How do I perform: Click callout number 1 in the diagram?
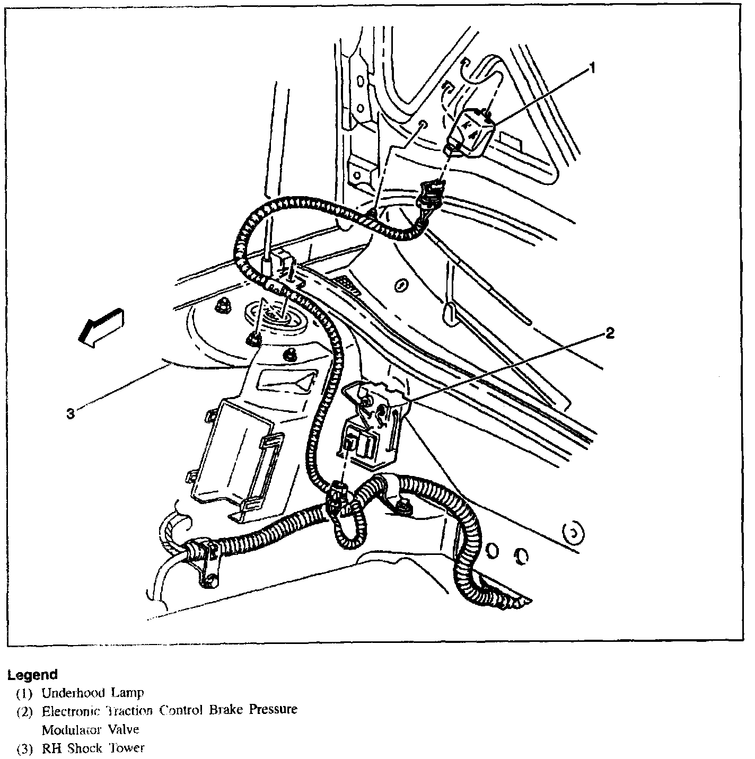[592, 68]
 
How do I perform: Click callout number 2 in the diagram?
[610, 333]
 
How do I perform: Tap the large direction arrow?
[100, 327]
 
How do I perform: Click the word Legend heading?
[32, 675]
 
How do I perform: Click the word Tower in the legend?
[127, 748]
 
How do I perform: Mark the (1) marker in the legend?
[24, 693]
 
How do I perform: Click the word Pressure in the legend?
[275, 710]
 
